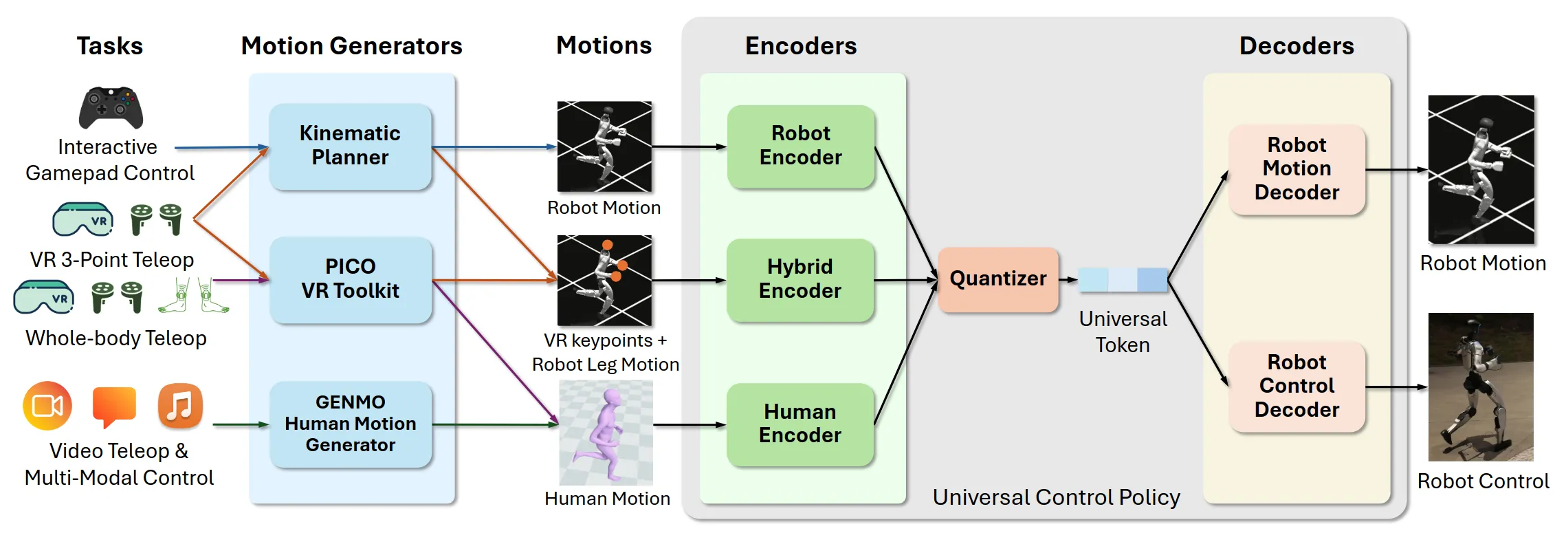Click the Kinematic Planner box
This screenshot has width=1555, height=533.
tap(350, 146)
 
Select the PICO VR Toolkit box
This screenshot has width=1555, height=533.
tap(350, 279)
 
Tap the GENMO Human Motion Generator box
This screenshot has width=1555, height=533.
tap(350, 424)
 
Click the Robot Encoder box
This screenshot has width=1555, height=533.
tap(800, 146)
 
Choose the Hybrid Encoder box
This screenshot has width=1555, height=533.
tap(799, 279)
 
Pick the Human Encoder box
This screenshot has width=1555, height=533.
tap(799, 424)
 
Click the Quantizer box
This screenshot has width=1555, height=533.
tap(997, 279)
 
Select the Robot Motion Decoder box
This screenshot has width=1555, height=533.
tap(1297, 169)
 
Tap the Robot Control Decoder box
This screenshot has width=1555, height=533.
tap(1297, 387)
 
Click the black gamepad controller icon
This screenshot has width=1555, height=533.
tap(111, 108)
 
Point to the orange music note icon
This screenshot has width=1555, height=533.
tap(180, 406)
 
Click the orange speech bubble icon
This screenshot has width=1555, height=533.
tap(114, 406)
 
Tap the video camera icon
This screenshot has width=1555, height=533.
tap(47, 406)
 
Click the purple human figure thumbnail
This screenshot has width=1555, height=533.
tap(606, 433)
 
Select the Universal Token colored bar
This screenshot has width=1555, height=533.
tap(1123, 280)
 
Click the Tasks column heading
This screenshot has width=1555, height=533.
tap(109, 46)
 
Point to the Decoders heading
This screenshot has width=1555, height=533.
tap(1297, 46)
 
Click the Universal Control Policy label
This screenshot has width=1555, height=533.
tap(1056, 497)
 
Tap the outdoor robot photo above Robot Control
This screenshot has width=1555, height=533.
tap(1481, 387)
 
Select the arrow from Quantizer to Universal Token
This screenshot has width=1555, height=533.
tap(1068, 280)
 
